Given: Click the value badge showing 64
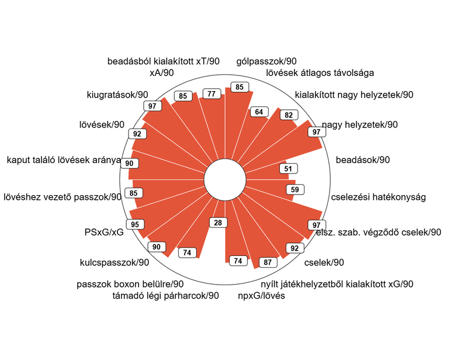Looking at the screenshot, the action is [x=259, y=112].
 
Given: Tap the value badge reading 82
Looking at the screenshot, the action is [x=289, y=115].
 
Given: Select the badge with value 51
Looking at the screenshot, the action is [x=288, y=168].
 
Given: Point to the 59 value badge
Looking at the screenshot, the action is [x=295, y=189].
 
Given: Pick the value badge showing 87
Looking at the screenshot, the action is [x=268, y=262].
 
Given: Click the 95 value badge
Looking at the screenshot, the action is [x=135, y=224].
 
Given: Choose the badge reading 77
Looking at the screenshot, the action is [x=212, y=94].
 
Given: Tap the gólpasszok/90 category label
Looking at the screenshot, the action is [x=266, y=61].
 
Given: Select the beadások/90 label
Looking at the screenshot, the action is [x=363, y=160].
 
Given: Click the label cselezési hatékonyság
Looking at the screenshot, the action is [x=378, y=197].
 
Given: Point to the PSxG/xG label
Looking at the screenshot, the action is [x=104, y=232].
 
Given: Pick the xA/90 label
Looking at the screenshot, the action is [x=161, y=72].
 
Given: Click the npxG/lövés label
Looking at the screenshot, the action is [x=261, y=295].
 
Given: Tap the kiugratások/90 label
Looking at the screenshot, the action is [x=117, y=95].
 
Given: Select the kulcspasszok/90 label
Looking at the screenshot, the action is [x=115, y=262].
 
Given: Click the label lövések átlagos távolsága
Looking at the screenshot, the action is [x=320, y=73].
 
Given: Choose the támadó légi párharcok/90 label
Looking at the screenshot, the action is [x=165, y=295].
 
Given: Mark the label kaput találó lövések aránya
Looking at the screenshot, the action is [x=64, y=160].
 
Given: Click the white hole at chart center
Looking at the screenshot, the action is [x=225, y=180].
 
